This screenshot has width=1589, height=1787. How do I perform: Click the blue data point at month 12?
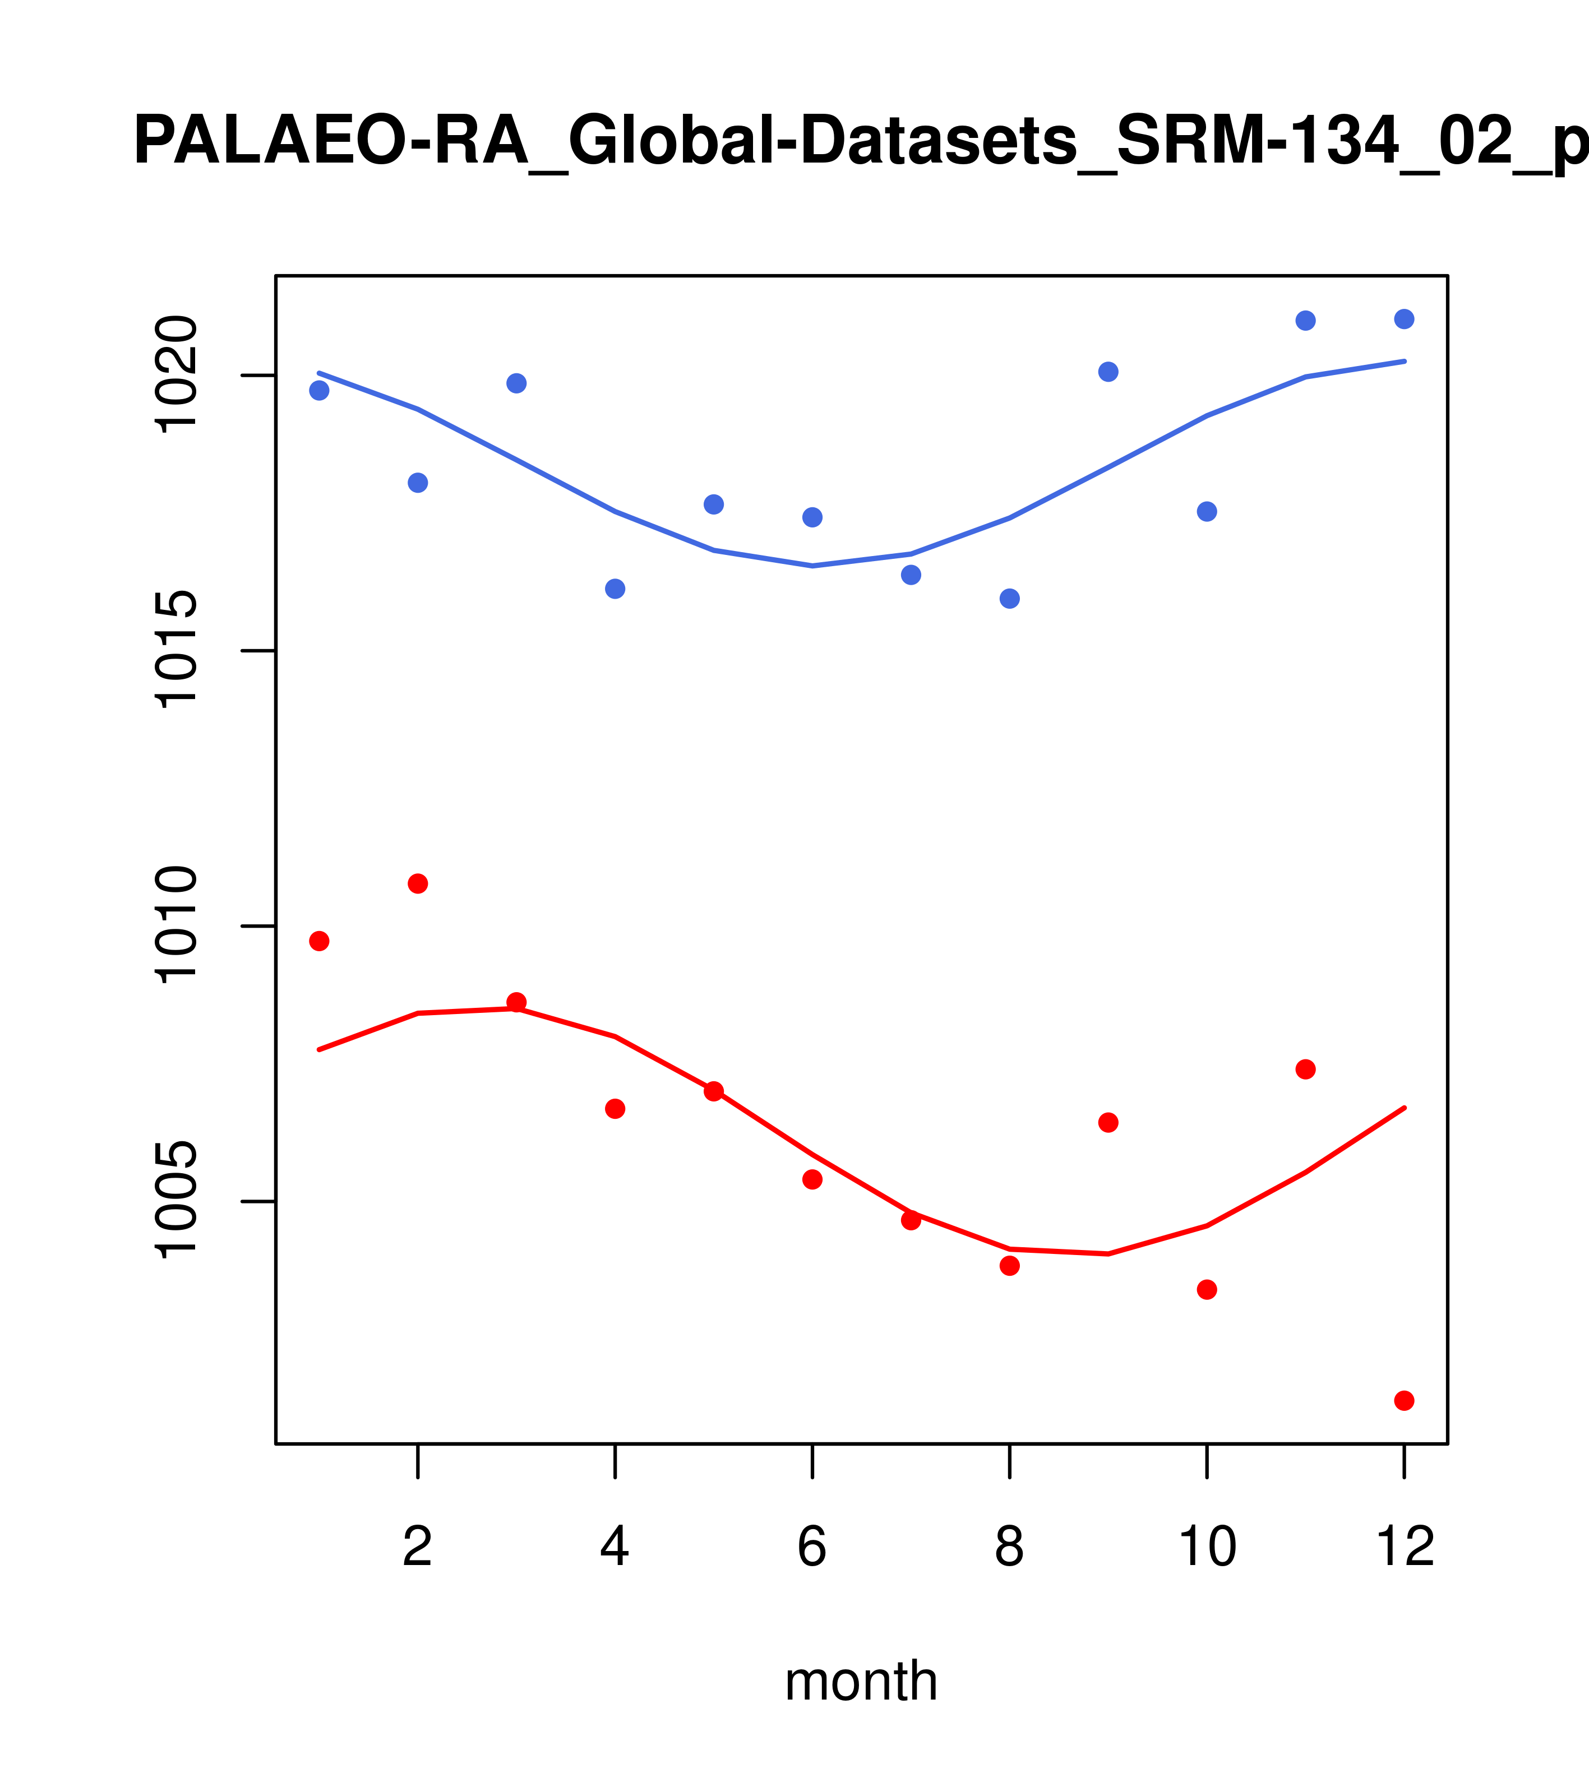pos(1403,319)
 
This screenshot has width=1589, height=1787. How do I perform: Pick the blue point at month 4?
pos(615,589)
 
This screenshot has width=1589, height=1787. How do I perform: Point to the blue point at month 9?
pos(1108,372)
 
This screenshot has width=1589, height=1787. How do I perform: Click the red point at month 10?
pos(1207,1290)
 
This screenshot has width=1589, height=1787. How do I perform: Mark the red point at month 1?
pos(319,941)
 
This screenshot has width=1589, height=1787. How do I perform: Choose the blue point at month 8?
pos(1009,598)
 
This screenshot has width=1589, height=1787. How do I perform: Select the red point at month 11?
pos(1305,1069)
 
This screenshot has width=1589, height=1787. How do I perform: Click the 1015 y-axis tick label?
pos(175,650)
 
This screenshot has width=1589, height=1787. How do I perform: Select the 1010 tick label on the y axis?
pos(175,926)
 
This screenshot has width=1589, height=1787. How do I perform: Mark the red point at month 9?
pos(1108,1123)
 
